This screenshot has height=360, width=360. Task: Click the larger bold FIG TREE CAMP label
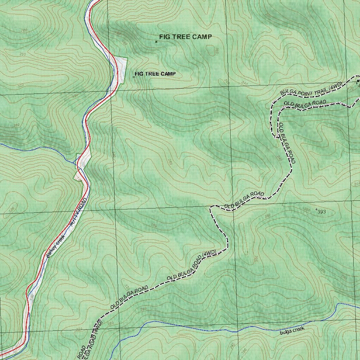click(185, 37)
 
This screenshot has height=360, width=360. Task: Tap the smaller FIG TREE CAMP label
click(155, 74)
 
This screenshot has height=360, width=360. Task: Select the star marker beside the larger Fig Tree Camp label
click(156, 42)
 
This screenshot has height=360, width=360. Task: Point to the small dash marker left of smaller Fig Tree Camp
click(134, 76)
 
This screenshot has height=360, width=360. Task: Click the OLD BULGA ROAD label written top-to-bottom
click(287, 143)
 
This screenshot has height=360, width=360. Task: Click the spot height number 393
click(321, 212)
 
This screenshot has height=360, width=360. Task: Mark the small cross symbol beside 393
click(316, 210)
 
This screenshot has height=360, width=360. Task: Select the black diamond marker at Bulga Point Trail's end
click(358, 81)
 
